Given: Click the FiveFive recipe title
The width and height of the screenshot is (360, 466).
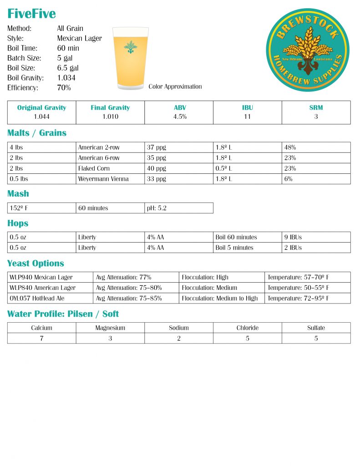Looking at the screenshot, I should pos(31,14).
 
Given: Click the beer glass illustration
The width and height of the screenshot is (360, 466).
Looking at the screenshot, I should pos(131,57).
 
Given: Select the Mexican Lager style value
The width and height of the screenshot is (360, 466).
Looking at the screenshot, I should pos(79,38).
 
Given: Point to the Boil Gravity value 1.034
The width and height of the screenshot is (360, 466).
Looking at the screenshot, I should pos(66,78).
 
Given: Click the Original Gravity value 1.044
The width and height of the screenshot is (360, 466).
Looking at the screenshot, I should pos(41,116).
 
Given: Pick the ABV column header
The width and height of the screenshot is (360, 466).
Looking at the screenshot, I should pos(179,108).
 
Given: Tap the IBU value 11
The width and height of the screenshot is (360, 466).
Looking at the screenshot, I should pos(248,116).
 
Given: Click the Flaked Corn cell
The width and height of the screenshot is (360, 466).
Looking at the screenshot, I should pos(94,168).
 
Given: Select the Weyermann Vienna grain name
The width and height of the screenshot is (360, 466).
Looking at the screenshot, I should pos(103,179).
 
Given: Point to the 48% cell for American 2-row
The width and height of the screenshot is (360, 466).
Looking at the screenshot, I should pos(290,147).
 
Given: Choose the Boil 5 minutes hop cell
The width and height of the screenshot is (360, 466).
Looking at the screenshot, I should pos(234,248).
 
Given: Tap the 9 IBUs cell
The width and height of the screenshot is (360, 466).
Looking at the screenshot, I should pos(294,237).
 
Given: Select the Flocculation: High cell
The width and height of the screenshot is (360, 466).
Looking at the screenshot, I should pos(205,277).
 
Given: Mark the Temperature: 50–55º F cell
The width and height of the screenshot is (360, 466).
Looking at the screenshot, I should pos(298,288).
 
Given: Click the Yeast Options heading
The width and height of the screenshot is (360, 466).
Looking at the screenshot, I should pos(35,263).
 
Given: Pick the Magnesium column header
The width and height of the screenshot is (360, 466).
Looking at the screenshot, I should pos(110,328).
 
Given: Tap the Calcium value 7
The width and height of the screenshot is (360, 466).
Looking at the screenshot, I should pos(41,338).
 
